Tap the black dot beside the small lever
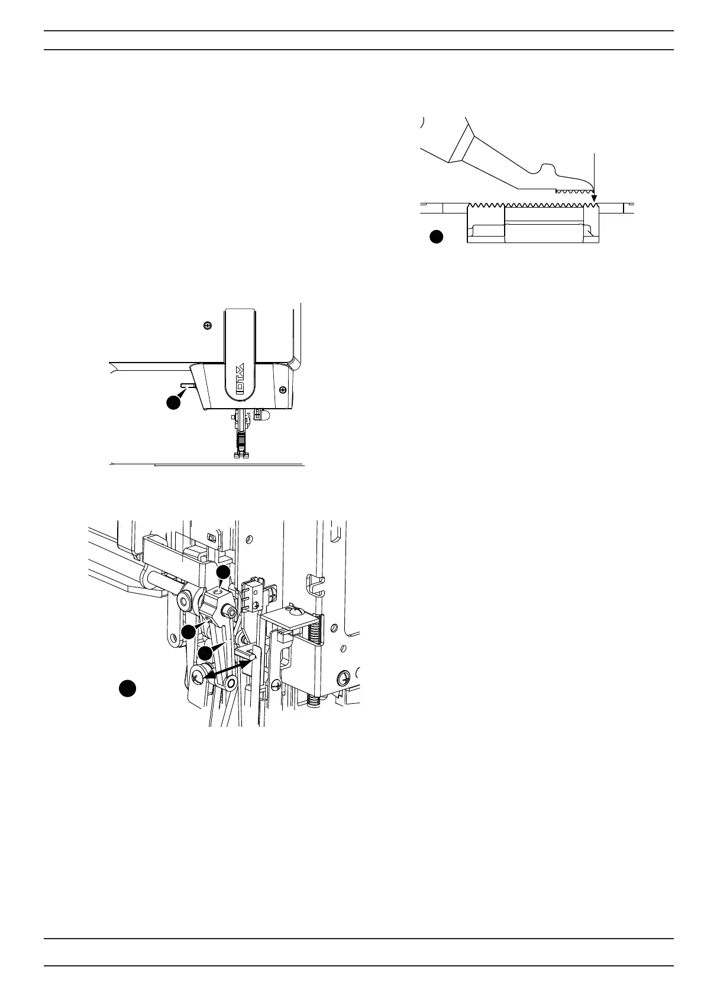coord(173,402)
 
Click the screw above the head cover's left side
coord(207,325)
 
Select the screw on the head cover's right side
coord(284,389)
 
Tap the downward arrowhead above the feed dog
coord(594,199)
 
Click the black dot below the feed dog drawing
coord(436,237)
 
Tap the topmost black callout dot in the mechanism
coord(222,572)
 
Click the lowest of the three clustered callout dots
coord(205,653)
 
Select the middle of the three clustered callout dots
coord(189,632)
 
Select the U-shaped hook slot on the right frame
coord(316,585)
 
